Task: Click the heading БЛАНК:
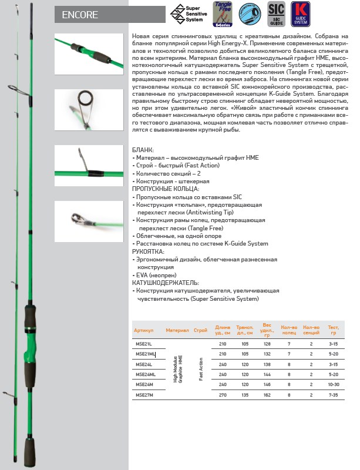click(143, 151)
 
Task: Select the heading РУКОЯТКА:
click(148, 251)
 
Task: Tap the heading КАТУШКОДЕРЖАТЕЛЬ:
click(165, 283)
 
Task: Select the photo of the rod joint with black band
click(89, 165)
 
